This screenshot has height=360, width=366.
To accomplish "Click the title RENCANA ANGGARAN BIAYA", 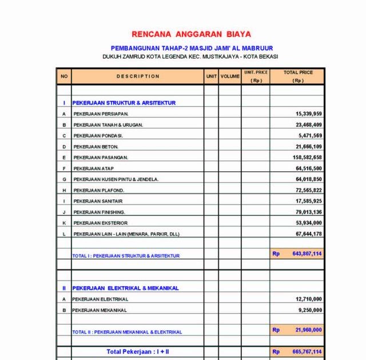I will click(x=191, y=34).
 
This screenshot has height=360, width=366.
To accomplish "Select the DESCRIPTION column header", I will click(x=138, y=77).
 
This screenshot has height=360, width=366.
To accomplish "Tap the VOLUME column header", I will click(x=230, y=77).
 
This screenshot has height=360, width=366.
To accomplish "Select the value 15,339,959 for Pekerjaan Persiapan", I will click(x=309, y=114).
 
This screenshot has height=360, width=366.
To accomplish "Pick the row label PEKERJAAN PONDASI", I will click(x=98, y=136).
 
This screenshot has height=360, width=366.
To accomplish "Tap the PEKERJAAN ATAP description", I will click(x=93, y=169).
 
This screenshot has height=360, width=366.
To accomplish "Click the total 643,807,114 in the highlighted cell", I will click(x=307, y=254).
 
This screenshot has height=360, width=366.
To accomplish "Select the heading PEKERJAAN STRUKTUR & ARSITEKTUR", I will click(x=124, y=103).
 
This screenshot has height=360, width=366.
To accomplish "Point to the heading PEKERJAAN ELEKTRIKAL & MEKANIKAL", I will click(x=125, y=288).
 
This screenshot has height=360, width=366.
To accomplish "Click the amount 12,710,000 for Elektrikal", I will click(x=309, y=299).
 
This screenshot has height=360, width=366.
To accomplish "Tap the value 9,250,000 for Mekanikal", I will click(x=311, y=310).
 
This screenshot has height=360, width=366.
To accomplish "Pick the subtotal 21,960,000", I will click(x=309, y=330).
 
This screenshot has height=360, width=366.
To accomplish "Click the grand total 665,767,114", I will click(x=307, y=352).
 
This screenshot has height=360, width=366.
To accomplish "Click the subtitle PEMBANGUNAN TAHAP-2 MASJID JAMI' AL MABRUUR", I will click(x=192, y=48).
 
